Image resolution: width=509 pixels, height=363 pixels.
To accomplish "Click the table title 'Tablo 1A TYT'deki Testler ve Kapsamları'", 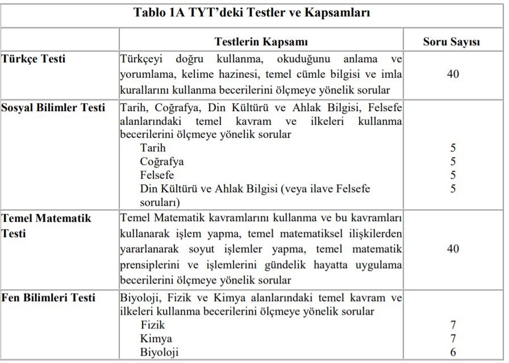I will click(252, 12).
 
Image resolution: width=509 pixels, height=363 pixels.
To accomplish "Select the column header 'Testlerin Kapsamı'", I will click(261, 42).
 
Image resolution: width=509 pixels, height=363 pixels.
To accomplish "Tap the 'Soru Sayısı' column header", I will click(452, 42).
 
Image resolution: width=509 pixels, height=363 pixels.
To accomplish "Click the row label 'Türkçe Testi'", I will click(34, 58).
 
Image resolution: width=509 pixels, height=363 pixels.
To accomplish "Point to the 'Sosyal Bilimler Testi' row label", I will click(53, 108).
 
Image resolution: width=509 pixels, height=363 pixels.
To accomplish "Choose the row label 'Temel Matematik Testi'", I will click(46, 225).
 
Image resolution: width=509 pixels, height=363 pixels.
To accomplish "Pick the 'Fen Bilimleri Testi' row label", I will click(48, 298).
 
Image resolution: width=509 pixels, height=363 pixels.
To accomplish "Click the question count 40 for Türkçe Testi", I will click(453, 74).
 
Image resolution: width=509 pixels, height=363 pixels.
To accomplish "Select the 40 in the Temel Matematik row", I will click(453, 248).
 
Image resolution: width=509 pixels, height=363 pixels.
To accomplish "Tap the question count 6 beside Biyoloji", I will click(453, 352).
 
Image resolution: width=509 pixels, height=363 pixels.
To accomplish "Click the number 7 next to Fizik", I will click(453, 325).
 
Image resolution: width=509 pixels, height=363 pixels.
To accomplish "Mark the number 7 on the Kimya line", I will click(453, 339).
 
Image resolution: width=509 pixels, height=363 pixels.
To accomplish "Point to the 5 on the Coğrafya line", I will click(453, 162).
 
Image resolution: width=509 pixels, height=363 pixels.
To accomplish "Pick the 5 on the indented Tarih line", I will click(453, 148).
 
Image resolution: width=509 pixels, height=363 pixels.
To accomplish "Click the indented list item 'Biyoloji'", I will click(159, 352).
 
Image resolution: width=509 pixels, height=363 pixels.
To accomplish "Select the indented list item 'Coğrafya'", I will click(162, 162).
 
